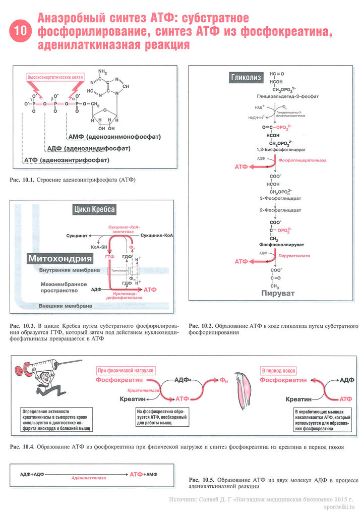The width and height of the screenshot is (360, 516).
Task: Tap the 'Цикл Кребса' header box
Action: (x=94, y=209)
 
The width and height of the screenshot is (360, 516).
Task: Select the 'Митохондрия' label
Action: (x=60, y=259)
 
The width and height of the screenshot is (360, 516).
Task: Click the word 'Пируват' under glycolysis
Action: (x=275, y=293)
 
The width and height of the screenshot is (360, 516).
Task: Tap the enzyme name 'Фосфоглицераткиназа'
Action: (x=302, y=160)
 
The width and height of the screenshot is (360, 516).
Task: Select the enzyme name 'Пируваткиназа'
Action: (x=294, y=256)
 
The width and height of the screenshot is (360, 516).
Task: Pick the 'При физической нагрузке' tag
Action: (x=125, y=370)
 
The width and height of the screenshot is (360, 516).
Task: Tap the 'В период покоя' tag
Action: (x=279, y=371)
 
